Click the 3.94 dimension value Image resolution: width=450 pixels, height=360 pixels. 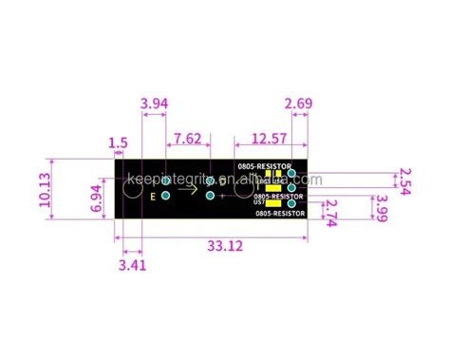pyautogui.click(x=155, y=103)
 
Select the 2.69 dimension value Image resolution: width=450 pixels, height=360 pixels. pyautogui.click(x=298, y=103)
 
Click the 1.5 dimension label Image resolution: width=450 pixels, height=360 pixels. pyautogui.click(x=118, y=143)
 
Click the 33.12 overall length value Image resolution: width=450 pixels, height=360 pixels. pyautogui.click(x=222, y=246)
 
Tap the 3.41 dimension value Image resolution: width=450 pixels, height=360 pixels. pyautogui.click(x=132, y=265)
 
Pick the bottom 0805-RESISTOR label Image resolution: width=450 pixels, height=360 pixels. pyautogui.click(x=281, y=214)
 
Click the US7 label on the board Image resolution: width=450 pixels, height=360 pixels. pyautogui.click(x=259, y=201)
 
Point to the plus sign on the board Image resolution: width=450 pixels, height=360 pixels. pyautogui.click(x=222, y=196)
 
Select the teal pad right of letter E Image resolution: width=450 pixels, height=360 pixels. pyautogui.click(x=166, y=195)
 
